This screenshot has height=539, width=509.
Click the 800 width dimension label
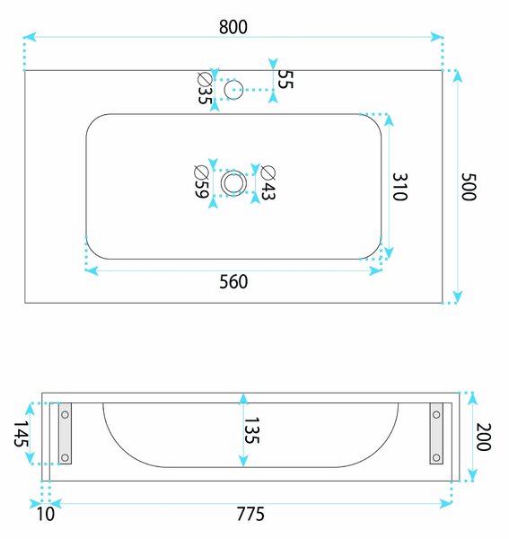point(233,27)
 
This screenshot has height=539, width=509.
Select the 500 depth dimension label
point(469,187)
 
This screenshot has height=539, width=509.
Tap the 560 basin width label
point(233,281)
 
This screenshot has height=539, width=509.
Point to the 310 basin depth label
point(400,187)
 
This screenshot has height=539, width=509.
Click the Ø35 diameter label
point(205,88)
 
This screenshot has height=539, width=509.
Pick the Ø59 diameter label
point(202,181)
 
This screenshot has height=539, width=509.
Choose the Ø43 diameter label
point(268,182)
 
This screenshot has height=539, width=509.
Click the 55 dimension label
point(285,79)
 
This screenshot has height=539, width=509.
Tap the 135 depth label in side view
point(251,430)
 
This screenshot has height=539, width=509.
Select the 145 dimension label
point(22,434)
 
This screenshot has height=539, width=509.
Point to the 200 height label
point(484,437)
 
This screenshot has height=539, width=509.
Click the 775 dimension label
point(250,514)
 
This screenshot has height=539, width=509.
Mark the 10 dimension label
point(46,514)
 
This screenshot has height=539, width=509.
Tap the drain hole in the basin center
point(234,182)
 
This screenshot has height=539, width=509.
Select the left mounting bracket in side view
point(65,434)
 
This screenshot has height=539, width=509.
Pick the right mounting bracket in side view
point(436,434)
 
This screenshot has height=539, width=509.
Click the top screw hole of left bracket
point(65,414)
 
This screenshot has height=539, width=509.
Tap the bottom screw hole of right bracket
point(436,457)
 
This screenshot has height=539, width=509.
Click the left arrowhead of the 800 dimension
point(30,37)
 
